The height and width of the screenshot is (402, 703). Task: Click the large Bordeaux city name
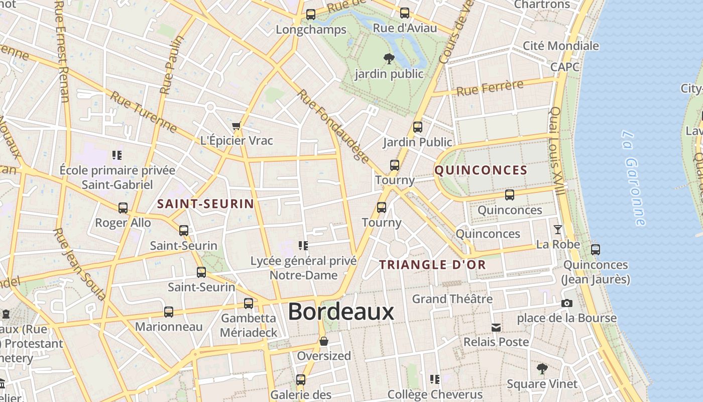click(x=341, y=312)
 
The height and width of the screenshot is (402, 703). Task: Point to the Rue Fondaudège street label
click(x=333, y=126)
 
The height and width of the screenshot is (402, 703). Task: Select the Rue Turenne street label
click(x=144, y=113)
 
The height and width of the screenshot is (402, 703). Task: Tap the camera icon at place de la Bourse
click(x=567, y=304)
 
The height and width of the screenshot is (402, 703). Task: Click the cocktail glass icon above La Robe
click(x=557, y=230)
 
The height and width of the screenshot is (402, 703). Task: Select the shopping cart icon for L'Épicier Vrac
click(x=237, y=126)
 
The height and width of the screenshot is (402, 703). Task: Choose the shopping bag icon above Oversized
click(x=324, y=341)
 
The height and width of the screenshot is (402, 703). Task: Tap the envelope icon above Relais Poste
click(x=496, y=328)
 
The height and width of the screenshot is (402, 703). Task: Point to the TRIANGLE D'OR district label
click(x=432, y=265)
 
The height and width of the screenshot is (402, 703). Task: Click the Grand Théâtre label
click(x=452, y=299)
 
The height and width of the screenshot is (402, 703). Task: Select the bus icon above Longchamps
click(x=311, y=15)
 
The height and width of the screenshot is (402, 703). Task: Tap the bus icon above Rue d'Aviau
click(x=405, y=13)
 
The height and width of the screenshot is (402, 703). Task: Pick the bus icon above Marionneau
click(x=169, y=312)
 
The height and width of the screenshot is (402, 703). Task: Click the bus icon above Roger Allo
click(x=123, y=208)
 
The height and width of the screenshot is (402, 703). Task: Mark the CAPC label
click(x=565, y=67)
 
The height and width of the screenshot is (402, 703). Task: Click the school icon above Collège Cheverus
click(x=435, y=379)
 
